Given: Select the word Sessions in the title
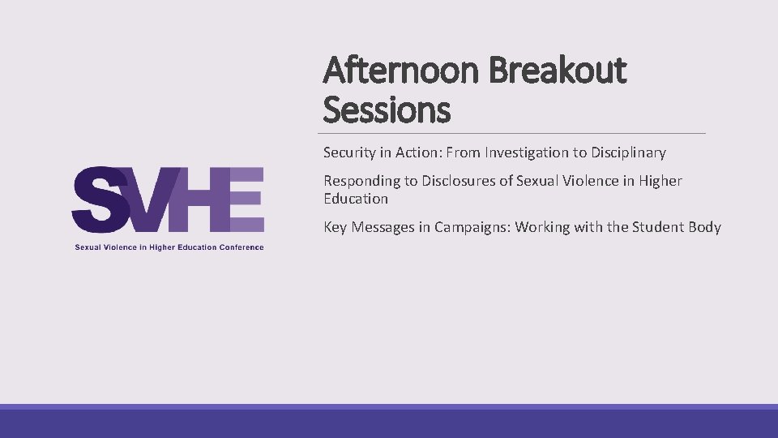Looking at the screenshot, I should click(x=387, y=109).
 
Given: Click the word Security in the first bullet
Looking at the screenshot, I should click(x=350, y=152).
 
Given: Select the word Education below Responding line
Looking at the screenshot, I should click(x=356, y=199).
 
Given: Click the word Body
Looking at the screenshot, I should click(x=704, y=227).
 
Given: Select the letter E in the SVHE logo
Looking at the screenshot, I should click(x=245, y=200).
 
